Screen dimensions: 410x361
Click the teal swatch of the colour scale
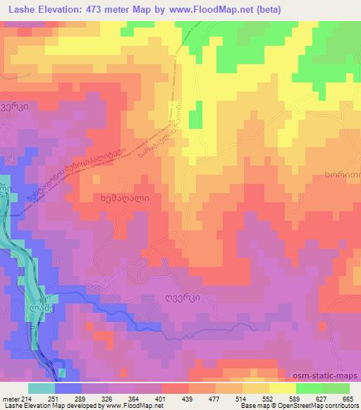point(42,388)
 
